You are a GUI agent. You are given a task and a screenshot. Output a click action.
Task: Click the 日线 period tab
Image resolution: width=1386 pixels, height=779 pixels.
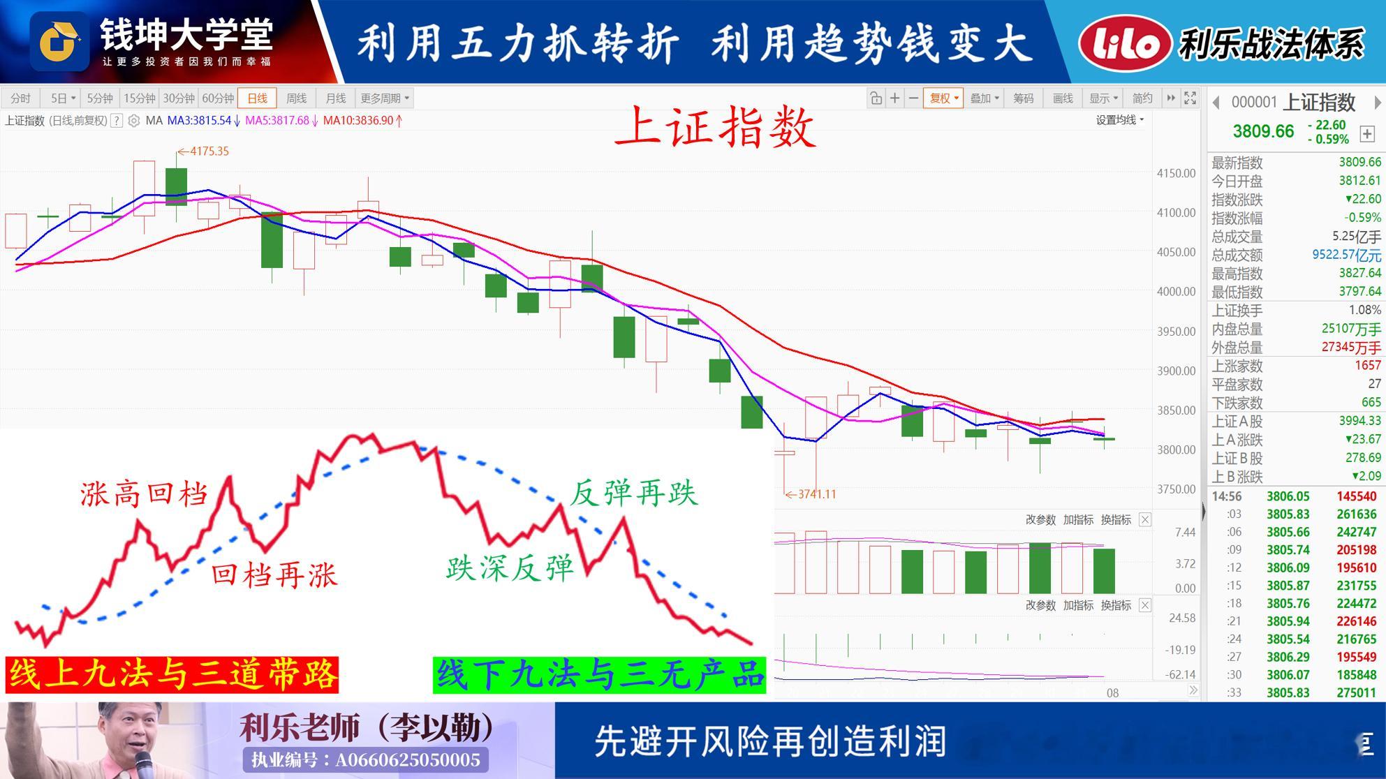pos(257,98)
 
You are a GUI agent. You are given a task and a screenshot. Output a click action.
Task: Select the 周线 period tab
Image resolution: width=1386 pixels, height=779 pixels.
pos(296,98)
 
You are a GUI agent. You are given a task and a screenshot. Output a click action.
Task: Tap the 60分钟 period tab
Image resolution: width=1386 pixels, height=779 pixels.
pos(217,98)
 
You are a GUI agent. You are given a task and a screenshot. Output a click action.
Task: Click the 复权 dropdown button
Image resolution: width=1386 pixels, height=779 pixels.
pos(943,98)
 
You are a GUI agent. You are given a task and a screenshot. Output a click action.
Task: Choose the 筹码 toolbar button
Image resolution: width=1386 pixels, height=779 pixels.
pos(1023,98)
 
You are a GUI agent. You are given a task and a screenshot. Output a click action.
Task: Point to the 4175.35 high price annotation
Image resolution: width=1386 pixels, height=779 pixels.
pos(203,151)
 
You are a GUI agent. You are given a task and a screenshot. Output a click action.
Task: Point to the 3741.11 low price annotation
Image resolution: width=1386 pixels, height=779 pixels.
pos(811,494)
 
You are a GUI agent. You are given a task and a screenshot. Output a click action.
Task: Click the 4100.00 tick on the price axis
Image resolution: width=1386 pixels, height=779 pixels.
pos(1176,213)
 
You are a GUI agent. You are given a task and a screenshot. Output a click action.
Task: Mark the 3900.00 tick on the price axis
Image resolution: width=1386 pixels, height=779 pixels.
pos(1176,371)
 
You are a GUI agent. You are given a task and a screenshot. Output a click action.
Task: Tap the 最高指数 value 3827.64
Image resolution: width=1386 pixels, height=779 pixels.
pos(1359,273)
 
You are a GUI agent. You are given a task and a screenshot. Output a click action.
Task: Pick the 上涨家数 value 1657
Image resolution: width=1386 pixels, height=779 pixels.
pos(1367,365)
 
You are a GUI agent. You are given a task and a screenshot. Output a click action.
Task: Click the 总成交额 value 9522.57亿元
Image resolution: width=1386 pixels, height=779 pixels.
pos(1346,255)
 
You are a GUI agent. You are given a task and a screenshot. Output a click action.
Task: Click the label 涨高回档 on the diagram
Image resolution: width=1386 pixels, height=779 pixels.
pos(145,494)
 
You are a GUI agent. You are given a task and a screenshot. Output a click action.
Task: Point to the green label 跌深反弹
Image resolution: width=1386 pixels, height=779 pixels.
pos(510,567)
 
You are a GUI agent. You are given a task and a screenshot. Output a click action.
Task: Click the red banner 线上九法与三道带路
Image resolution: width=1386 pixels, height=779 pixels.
pos(172,675)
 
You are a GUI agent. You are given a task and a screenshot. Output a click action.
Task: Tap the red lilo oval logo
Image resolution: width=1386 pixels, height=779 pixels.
pos(1124,43)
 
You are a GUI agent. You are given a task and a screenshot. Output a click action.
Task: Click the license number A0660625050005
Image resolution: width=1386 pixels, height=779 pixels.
pos(407,759)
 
